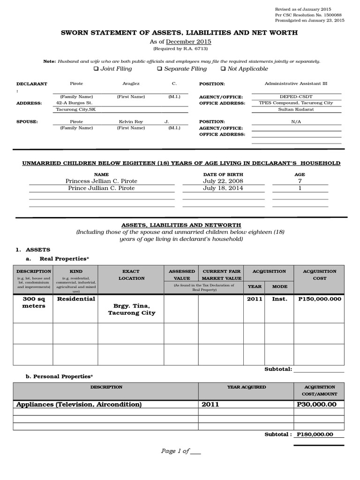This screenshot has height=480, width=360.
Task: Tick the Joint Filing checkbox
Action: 96,69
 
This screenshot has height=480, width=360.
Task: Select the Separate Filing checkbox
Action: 159,69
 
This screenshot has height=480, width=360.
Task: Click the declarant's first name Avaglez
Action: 131,83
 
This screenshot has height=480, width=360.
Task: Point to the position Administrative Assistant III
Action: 296,83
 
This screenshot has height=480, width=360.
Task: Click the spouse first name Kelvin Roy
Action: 131,121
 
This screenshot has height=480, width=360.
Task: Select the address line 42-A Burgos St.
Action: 74,103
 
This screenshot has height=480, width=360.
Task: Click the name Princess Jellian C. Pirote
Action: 102,181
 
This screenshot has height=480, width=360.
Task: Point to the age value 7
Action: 300,181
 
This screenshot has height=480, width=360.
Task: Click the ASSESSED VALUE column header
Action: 181,275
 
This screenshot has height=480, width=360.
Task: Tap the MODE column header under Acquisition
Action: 280,286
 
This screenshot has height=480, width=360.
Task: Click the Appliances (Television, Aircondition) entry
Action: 79,404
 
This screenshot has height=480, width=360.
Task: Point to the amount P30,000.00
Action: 317,404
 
